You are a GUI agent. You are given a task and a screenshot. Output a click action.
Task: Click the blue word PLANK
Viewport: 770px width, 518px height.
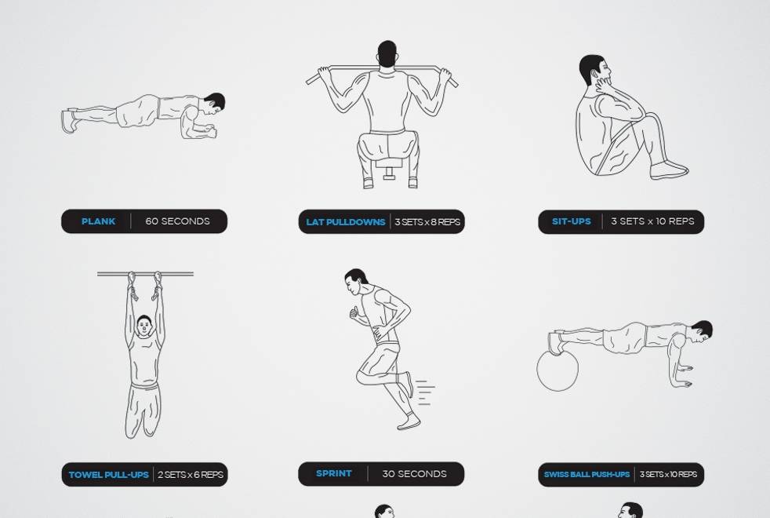(98, 221)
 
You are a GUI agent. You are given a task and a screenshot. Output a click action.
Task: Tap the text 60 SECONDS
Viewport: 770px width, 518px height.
(177, 221)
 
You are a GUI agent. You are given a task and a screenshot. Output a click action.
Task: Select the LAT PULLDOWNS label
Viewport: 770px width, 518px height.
(346, 222)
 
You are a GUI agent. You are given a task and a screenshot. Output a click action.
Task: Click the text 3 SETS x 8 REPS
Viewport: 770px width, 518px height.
(427, 222)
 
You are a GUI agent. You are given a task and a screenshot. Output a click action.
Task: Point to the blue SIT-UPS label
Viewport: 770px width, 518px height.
(572, 221)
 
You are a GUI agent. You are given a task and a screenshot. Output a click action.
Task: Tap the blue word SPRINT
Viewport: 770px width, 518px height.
(334, 474)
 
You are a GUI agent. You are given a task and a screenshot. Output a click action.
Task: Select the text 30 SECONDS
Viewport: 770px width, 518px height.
(415, 474)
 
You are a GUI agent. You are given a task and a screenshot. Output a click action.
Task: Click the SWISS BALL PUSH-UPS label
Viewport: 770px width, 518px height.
(587, 475)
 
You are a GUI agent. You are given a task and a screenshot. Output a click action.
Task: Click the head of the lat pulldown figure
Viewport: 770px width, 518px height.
(387, 53)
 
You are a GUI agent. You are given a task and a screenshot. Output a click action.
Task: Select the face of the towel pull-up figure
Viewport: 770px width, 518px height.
(143, 326)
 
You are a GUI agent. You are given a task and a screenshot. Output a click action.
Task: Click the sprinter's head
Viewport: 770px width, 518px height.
(355, 282)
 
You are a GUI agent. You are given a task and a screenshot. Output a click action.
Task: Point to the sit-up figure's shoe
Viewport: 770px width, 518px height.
(670, 170)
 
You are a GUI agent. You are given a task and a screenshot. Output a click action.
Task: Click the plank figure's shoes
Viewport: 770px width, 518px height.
(69, 120)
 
